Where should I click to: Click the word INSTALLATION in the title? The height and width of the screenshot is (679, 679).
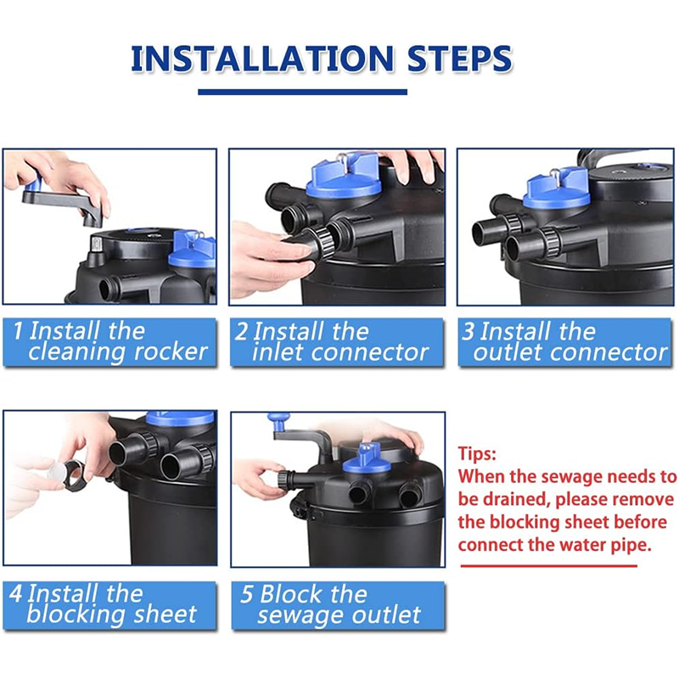[x=262, y=59]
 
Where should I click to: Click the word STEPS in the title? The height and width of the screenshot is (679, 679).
[x=460, y=59]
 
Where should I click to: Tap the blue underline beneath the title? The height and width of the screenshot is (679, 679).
[x=302, y=92]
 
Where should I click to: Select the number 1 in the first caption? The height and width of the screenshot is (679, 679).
[x=17, y=331]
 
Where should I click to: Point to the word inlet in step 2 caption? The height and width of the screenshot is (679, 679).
[x=278, y=352]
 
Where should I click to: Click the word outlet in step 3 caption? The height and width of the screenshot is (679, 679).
[x=506, y=352]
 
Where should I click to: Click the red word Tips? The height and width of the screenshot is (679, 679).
[x=477, y=454]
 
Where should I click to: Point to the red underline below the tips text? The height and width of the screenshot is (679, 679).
[x=549, y=565]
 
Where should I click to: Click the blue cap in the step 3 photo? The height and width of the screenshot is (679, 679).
[x=557, y=188]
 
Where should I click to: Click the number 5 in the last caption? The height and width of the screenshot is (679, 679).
[x=246, y=594]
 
